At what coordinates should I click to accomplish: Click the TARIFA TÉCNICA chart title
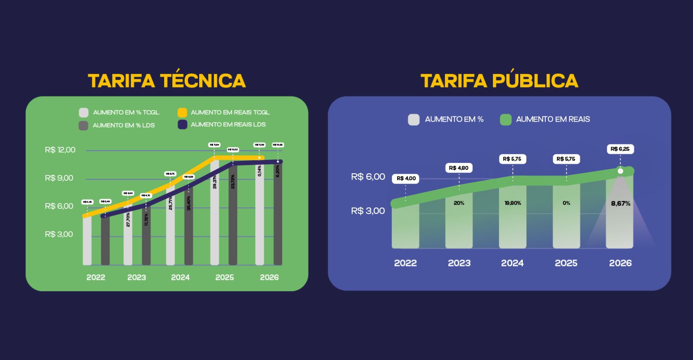point(167,81)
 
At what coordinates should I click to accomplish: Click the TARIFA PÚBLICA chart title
point(499,81)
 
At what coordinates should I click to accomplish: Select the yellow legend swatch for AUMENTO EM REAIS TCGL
point(182,113)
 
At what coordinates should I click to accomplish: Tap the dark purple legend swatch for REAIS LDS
point(182,125)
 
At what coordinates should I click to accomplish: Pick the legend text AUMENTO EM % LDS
point(123,126)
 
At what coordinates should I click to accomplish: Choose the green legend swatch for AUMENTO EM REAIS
point(505,120)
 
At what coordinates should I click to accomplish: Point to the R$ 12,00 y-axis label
point(60,150)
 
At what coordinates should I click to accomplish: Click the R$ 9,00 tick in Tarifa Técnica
point(59,178)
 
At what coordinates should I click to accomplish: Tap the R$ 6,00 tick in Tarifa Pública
point(368,177)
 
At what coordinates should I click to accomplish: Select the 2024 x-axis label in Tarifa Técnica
point(180,277)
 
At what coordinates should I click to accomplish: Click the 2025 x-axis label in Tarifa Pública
point(566,263)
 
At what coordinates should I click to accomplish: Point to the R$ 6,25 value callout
point(620,149)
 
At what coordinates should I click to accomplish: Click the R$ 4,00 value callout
point(406,178)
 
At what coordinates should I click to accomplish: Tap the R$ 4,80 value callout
point(459,168)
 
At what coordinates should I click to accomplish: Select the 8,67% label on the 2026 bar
point(621,204)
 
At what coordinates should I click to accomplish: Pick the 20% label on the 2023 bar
point(459,203)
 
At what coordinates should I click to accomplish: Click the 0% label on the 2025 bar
point(567,203)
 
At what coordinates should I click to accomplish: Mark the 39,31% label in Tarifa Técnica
point(215,182)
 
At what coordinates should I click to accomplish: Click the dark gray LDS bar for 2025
point(233,225)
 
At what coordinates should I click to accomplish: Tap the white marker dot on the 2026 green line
point(620,171)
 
